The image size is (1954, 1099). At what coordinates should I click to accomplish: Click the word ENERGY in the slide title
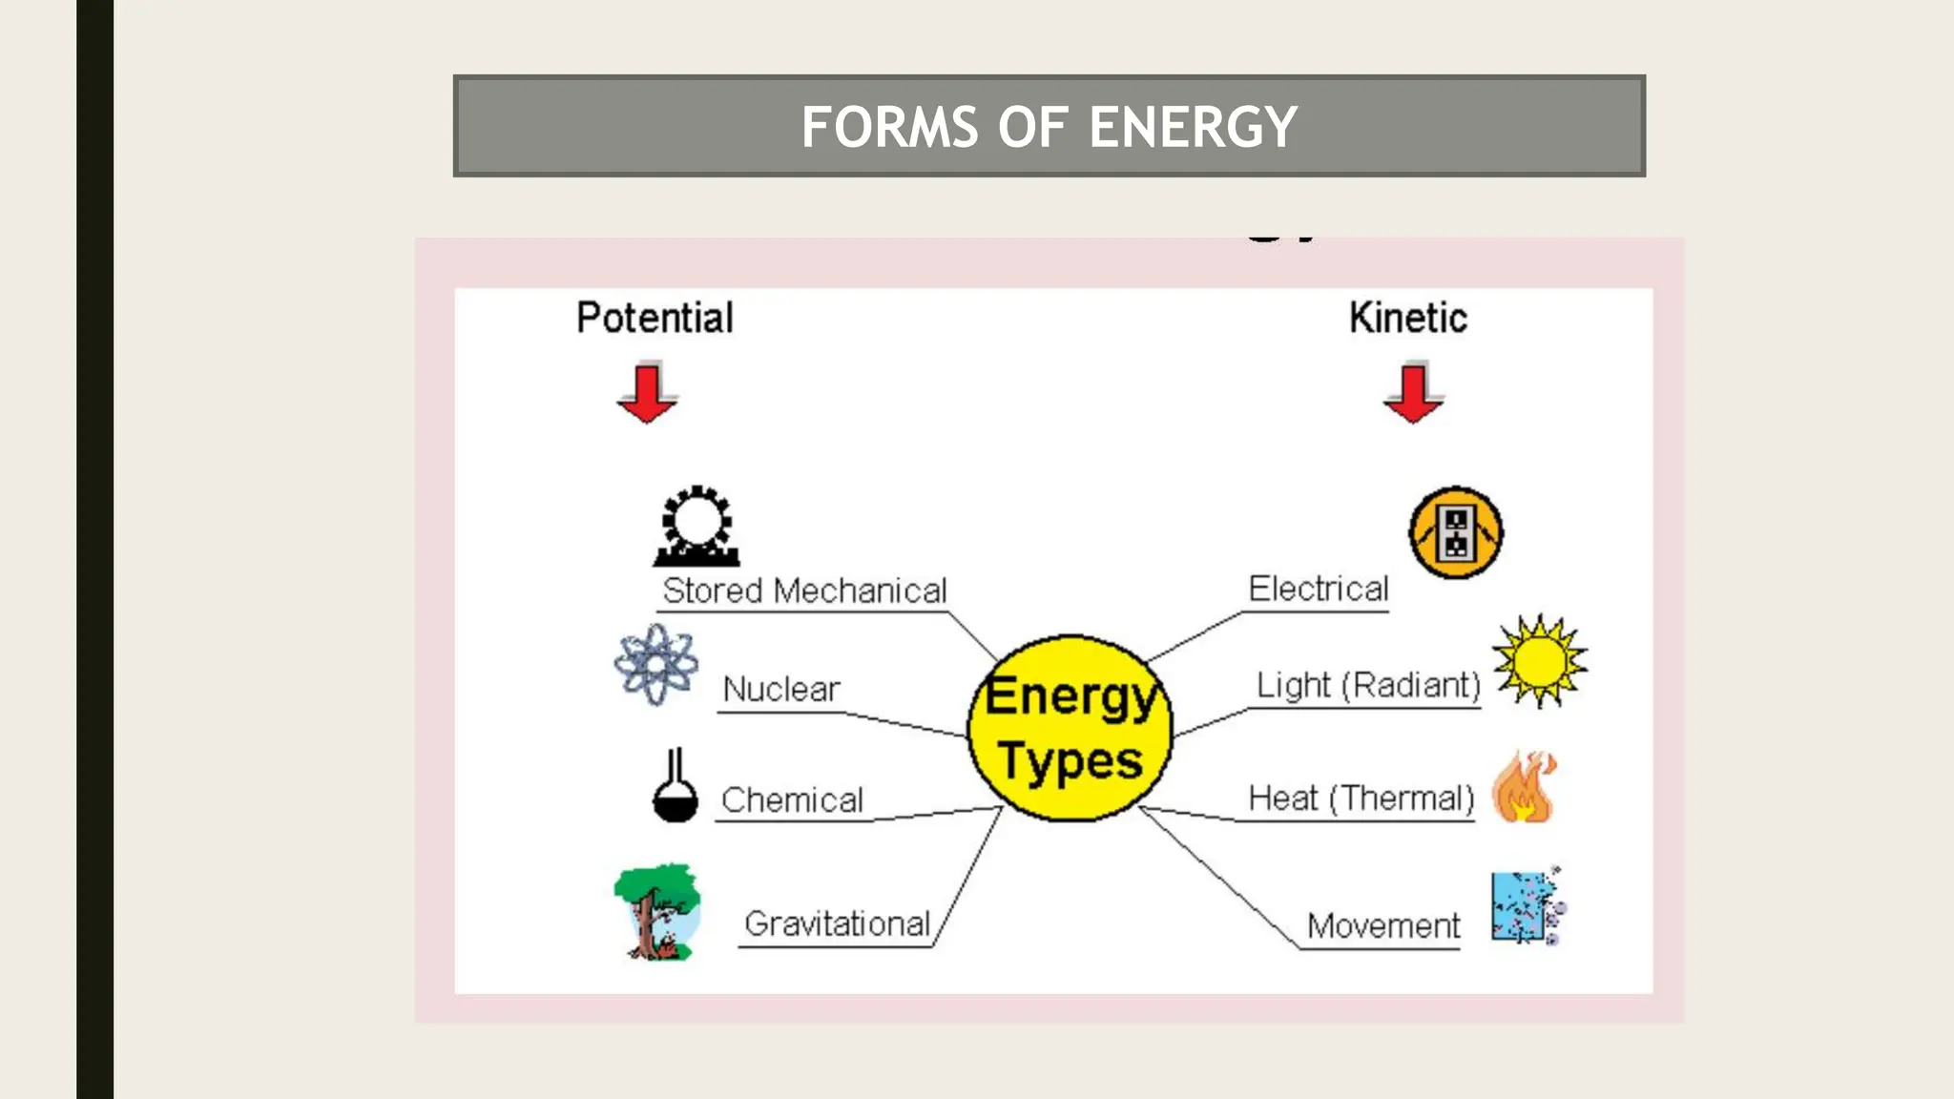[x=1193, y=127]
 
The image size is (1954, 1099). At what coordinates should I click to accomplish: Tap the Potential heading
[x=655, y=318]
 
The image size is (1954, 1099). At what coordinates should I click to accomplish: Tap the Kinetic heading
[x=1407, y=318]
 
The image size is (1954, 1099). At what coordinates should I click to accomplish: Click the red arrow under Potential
[x=647, y=392]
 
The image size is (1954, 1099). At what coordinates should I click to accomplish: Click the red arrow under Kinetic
[x=1413, y=392]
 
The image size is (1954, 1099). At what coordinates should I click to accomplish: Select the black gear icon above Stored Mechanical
[x=696, y=526]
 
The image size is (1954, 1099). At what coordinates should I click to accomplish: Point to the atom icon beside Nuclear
[x=655, y=665]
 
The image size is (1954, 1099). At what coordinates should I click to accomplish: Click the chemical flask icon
[x=675, y=787]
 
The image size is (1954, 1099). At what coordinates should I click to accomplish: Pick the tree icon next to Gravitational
[x=656, y=911]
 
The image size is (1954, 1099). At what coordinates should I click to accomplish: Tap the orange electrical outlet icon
[x=1455, y=532]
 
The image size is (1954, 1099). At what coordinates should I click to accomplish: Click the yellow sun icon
[x=1539, y=660]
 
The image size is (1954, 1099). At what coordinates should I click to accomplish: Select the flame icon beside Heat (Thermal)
[x=1524, y=787]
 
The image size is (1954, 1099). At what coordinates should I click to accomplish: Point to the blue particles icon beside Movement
[x=1527, y=907]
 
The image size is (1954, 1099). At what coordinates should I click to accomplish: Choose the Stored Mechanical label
[x=804, y=591]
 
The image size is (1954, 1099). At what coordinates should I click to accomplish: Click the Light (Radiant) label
[x=1367, y=685]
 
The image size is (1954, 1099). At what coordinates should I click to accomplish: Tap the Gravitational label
[x=837, y=923]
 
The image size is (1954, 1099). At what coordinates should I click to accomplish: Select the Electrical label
[x=1318, y=589]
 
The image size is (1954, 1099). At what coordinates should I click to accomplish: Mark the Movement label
[x=1382, y=925]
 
